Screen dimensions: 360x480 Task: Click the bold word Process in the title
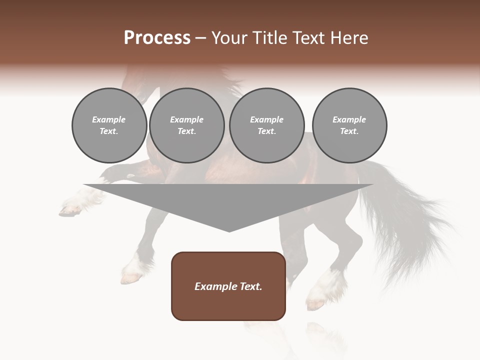[157, 38]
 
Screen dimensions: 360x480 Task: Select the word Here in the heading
[349, 38]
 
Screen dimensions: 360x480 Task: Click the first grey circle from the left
[109, 125]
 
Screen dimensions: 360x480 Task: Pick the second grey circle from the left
[186, 125]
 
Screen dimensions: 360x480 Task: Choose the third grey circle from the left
[266, 125]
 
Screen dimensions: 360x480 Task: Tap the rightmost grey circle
[349, 125]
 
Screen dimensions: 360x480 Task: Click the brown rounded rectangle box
[228, 286]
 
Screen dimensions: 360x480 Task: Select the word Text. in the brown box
[249, 286]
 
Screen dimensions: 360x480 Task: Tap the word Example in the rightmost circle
[349, 119]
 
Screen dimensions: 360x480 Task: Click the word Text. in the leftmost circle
[109, 131]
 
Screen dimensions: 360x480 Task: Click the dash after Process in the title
[201, 38]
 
